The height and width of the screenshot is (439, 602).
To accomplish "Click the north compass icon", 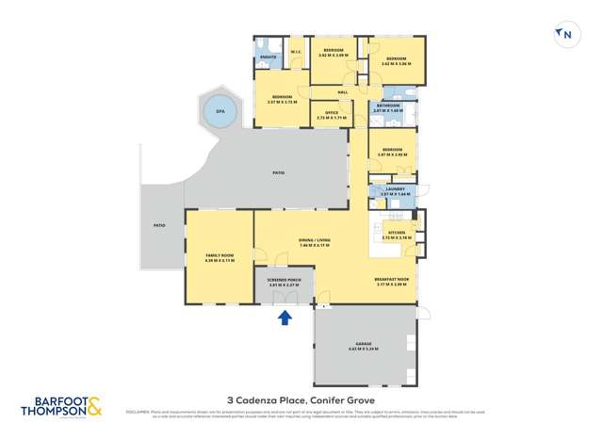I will tap(565, 36).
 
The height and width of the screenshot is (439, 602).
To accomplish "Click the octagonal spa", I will tap(220, 111).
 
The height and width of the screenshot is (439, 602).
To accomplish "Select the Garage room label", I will tap(364, 345).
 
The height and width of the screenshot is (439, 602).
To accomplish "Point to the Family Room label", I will tap(219, 258).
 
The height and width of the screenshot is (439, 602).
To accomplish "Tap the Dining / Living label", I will tap(314, 243).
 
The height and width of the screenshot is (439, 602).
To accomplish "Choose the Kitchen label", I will tap(397, 233).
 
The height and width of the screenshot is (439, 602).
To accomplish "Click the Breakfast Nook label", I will tap(391, 280).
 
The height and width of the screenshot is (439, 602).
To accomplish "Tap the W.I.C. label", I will tap(295, 52).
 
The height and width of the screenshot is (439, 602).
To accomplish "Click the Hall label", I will tap(343, 91).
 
